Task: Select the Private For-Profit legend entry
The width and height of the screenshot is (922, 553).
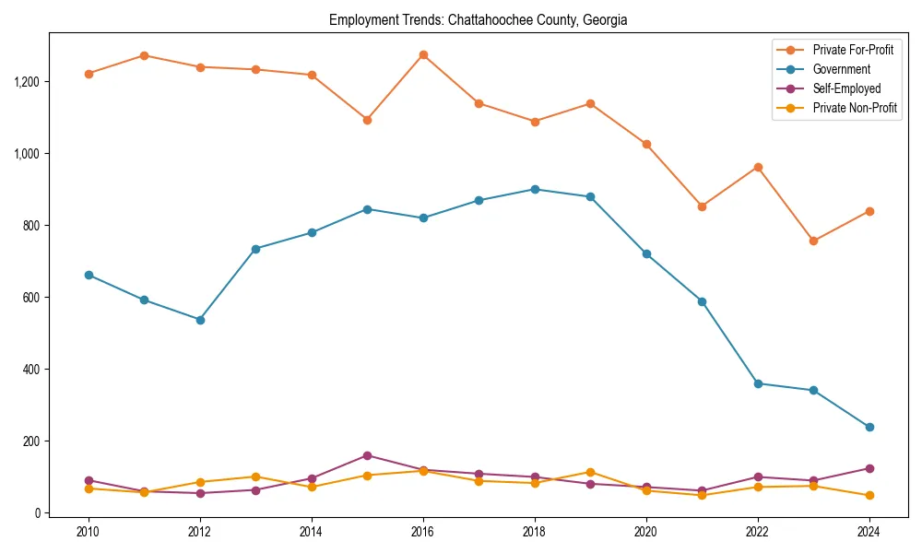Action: tap(853, 49)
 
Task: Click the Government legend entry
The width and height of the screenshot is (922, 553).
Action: tap(841, 69)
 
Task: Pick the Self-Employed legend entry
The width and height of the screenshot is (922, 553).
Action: tap(846, 88)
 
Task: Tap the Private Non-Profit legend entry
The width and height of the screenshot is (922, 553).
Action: tap(855, 108)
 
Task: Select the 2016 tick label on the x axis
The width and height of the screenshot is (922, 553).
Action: tap(423, 532)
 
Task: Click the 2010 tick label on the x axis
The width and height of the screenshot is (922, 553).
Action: tap(89, 532)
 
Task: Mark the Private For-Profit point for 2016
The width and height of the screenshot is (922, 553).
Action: tap(423, 54)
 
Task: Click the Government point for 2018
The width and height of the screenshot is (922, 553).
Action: tap(535, 189)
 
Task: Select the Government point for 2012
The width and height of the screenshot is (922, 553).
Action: tap(200, 320)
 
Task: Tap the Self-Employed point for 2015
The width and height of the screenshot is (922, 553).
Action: tap(367, 455)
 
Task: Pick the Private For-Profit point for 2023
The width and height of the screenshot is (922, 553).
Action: tap(813, 241)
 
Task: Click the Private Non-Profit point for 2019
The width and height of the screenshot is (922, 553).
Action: tap(590, 472)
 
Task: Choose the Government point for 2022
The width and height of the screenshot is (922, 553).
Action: tap(758, 383)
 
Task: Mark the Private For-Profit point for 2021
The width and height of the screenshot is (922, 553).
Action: tap(702, 206)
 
